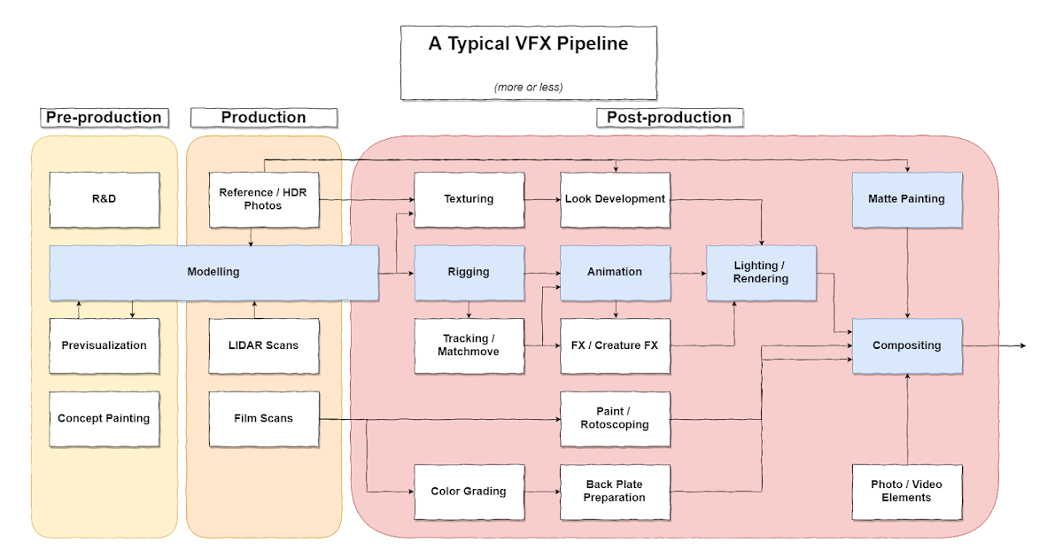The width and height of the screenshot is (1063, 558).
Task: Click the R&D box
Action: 104,199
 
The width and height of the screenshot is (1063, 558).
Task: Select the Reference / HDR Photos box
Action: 263,199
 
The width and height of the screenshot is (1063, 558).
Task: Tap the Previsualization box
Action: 104,345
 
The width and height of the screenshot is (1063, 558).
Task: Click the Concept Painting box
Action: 104,418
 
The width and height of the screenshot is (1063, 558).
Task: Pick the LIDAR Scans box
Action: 263,345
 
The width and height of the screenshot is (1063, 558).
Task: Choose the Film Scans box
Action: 263,418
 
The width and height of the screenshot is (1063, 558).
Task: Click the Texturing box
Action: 469,199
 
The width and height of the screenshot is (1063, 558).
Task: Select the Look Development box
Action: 615,199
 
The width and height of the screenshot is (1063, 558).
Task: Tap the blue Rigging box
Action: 469,272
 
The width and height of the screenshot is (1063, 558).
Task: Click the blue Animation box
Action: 615,272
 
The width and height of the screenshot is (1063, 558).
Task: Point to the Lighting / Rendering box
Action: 761,272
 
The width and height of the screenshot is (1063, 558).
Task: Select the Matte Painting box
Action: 907,199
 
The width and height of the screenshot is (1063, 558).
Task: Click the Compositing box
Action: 907,345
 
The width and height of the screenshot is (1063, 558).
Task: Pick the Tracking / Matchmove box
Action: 469,345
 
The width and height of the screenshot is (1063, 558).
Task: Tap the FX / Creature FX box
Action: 615,345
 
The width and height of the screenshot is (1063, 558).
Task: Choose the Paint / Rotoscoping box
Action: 615,418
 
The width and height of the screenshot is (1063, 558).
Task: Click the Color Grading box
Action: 469,492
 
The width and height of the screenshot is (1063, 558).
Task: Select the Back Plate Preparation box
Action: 615,492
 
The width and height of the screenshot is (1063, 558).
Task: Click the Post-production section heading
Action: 669,118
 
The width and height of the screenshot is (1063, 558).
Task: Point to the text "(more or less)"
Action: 529,87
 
